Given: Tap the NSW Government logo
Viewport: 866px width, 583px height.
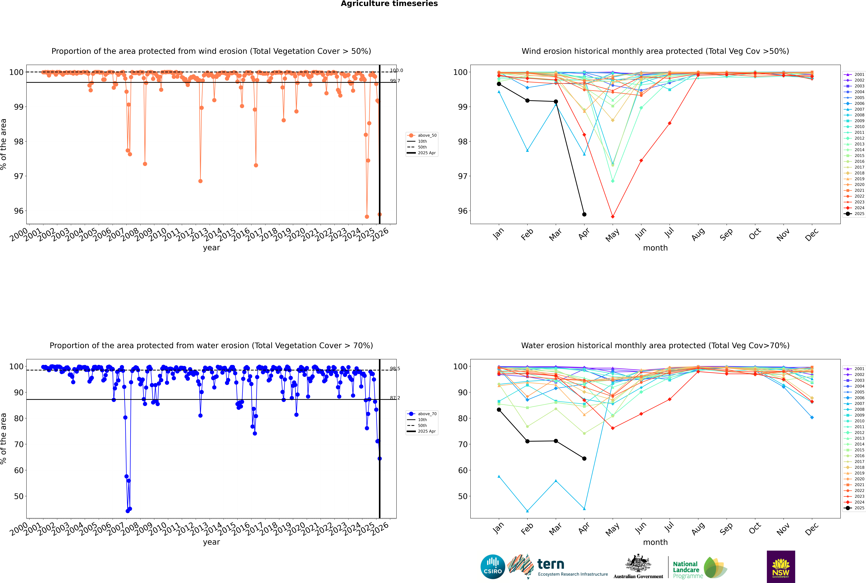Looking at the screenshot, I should click(x=781, y=566).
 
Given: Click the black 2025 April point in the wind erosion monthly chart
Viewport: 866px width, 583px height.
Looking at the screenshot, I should click(x=584, y=215).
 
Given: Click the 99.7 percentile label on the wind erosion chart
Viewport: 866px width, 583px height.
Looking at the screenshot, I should click(x=395, y=81).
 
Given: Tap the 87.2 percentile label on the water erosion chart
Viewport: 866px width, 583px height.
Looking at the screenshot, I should click(x=395, y=398).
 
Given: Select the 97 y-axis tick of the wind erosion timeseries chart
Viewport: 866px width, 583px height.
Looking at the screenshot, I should click(x=19, y=176).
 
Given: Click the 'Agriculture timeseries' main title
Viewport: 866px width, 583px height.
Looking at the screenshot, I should click(x=389, y=4).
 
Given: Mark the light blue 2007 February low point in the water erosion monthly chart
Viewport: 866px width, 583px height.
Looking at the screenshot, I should click(x=527, y=511).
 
